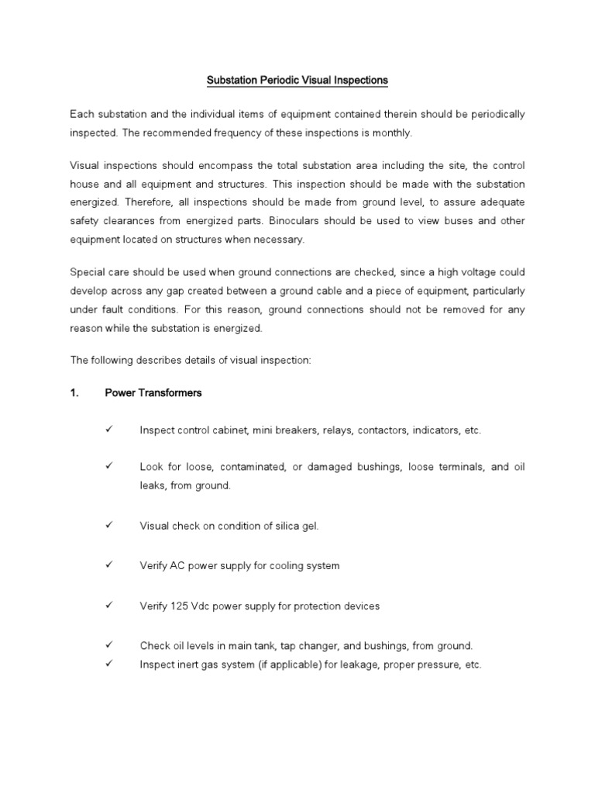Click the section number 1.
(74, 393)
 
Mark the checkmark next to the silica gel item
(108, 525)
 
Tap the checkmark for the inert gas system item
(108, 665)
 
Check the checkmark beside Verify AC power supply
(108, 565)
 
